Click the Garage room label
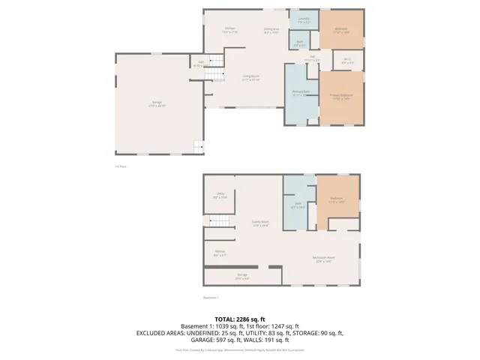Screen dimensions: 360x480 click(157, 103)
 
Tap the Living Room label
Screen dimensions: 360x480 click(250, 77)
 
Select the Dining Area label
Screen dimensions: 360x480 click(271, 30)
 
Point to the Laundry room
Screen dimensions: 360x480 click(304, 20)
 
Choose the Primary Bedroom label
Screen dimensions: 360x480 click(341, 97)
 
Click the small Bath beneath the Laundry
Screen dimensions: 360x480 click(299, 43)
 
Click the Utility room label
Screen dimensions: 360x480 click(220, 195)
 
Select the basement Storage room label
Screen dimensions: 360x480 click(242, 276)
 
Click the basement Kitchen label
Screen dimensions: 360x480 click(220, 253)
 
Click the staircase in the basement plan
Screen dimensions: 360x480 click(217, 220)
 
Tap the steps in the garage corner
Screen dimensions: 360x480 click(197, 147)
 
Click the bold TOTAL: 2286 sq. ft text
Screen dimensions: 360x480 click(240, 319)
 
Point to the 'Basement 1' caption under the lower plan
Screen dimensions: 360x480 click(210, 297)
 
